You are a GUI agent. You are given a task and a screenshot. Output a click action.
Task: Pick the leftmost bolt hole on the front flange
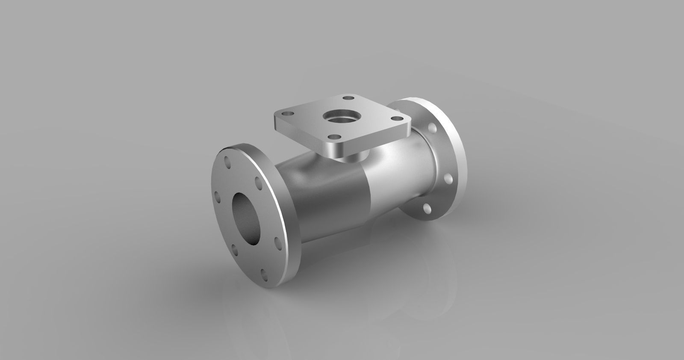(217, 197)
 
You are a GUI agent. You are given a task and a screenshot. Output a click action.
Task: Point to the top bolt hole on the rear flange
(432, 128)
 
